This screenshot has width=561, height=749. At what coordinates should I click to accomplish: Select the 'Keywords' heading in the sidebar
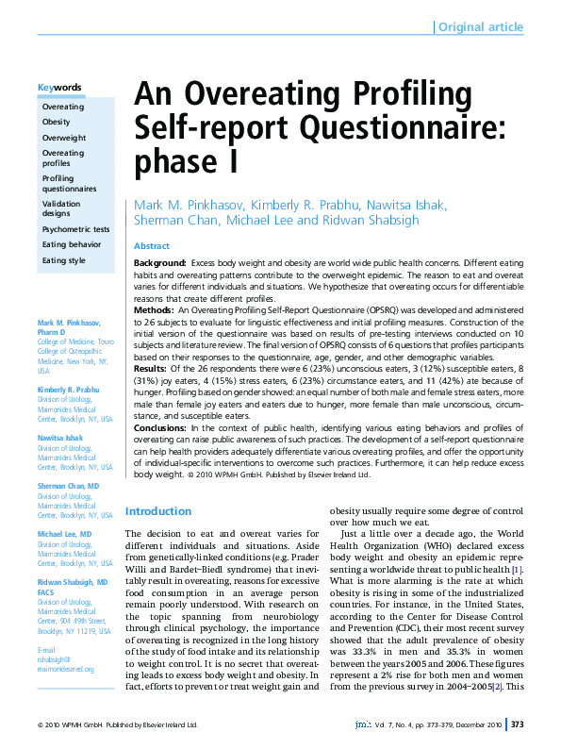click(x=58, y=88)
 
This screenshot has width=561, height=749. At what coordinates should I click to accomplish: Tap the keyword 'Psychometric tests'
click(x=75, y=229)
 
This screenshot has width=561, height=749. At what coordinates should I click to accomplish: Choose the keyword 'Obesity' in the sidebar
click(x=56, y=123)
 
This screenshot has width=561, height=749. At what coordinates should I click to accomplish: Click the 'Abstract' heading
click(x=152, y=245)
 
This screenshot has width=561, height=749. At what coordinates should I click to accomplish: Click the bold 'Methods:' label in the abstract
click(x=154, y=309)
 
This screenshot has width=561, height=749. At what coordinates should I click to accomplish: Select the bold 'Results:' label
click(x=151, y=370)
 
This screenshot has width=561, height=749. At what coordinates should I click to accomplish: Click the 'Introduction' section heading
click(x=158, y=511)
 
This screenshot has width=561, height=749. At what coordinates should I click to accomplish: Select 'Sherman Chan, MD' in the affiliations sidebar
click(x=68, y=486)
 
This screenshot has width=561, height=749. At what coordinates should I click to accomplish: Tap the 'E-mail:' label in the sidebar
click(x=47, y=624)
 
